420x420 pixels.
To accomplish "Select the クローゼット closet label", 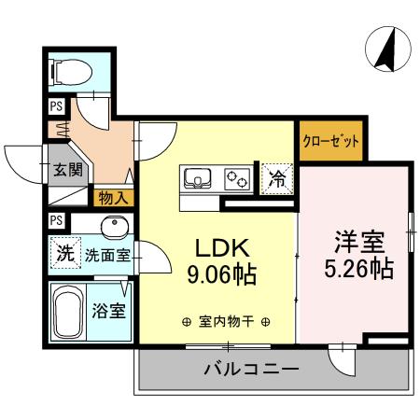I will [x=330, y=142].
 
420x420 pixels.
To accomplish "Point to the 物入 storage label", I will [x=113, y=198].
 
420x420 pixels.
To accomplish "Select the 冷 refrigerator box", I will [x=277, y=177].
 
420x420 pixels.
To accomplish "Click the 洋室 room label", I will [x=359, y=241].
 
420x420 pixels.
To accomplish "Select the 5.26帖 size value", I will [x=359, y=269].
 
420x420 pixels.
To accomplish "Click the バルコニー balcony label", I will [x=251, y=370].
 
